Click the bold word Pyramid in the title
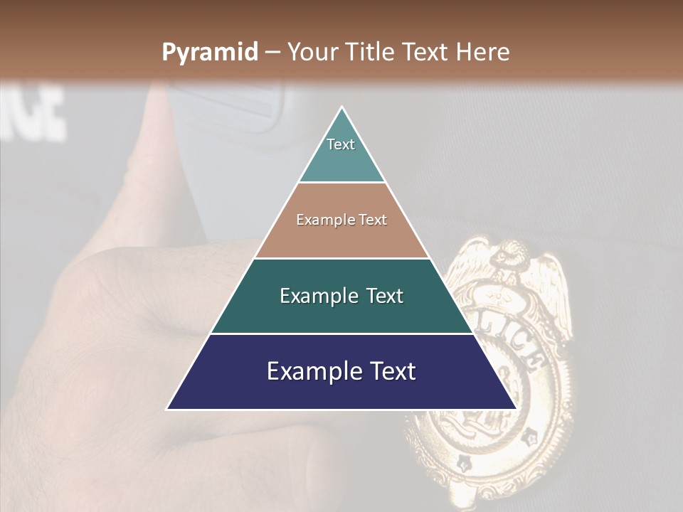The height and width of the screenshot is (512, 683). (x=209, y=53)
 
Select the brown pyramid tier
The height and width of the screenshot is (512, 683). (x=341, y=220)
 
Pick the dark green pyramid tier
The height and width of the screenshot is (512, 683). (x=341, y=296)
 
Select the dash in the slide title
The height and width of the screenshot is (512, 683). (x=272, y=53)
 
